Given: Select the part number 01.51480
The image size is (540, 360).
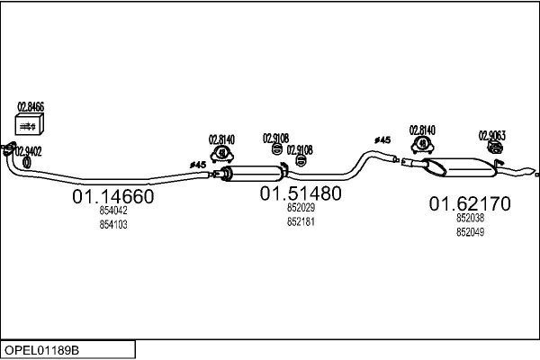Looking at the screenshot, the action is (x=301, y=193).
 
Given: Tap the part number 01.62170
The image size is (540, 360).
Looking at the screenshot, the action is (x=469, y=204).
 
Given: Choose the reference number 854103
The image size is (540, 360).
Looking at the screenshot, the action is (x=113, y=225).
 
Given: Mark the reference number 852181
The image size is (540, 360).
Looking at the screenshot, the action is (x=301, y=221).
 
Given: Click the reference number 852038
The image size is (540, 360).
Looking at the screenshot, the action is (x=470, y=219).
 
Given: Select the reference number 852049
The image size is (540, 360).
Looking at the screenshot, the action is (x=470, y=232).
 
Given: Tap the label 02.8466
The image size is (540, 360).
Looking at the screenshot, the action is (x=30, y=107).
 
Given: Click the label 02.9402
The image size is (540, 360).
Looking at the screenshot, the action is (x=28, y=151).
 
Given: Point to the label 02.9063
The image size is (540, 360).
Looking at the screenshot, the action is (x=491, y=136).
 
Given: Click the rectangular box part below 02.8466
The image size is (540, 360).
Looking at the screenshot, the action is (x=30, y=125).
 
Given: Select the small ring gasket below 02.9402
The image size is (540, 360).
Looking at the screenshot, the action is (x=26, y=162).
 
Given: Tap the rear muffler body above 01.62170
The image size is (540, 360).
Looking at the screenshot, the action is (x=460, y=167).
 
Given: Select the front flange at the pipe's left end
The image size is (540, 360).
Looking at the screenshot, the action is (x=8, y=147).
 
